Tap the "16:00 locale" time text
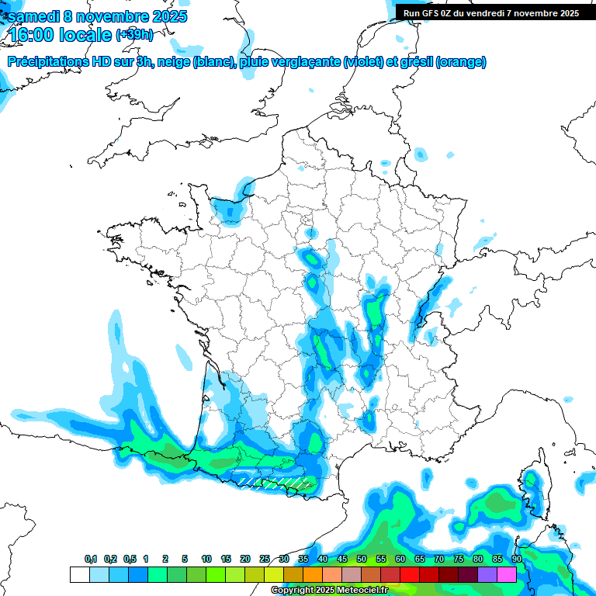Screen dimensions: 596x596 (61, 35)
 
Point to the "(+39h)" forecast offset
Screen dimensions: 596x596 (134, 35)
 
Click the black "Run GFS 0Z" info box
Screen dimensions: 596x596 (490, 12)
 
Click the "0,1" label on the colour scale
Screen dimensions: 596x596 (91, 559)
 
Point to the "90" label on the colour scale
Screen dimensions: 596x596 (516, 559)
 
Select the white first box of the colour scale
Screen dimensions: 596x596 (79, 574)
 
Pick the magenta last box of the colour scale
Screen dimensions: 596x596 (507, 574)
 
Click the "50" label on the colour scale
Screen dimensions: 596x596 (362, 559)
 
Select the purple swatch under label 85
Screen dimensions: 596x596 (487, 574)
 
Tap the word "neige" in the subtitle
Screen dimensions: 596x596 (173, 62)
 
